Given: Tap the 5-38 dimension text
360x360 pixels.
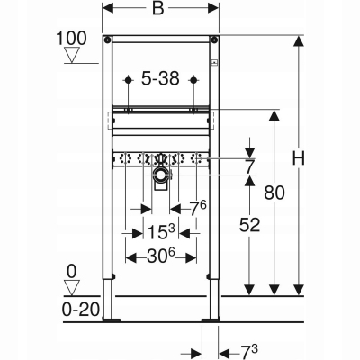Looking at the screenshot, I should point(161,79).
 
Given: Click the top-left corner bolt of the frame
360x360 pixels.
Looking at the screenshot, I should point(107,40).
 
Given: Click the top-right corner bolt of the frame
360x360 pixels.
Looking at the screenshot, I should point(217,40).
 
